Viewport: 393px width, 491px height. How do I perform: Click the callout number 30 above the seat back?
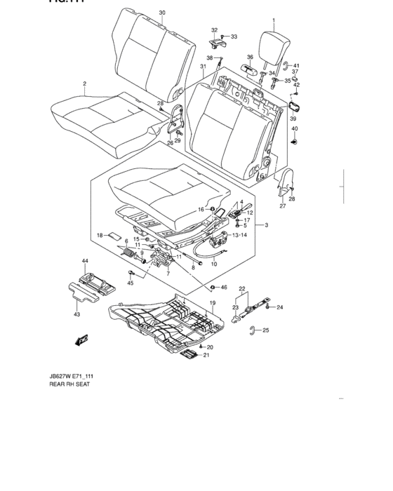tap(162, 13)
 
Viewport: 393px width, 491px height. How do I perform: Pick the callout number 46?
tap(223, 288)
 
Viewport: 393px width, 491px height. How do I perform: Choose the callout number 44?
tap(85, 261)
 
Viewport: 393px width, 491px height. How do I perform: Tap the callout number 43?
tap(76, 315)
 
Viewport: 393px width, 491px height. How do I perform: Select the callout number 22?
tap(241, 288)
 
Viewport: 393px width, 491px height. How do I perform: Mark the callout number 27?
tap(283, 206)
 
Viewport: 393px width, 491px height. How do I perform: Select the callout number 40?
tap(295, 129)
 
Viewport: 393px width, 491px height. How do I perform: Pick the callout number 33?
tap(234, 36)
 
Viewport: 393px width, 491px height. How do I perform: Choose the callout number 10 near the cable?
tap(214, 264)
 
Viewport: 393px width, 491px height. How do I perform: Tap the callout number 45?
tap(131, 283)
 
